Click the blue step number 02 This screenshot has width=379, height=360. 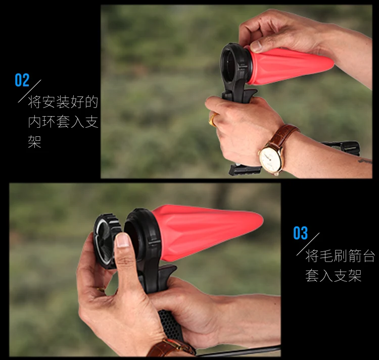click(x=22, y=80)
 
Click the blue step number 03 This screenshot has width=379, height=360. click(x=301, y=233)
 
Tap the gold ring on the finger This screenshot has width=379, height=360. click(x=213, y=119)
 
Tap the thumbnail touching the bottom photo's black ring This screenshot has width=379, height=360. click(x=123, y=241)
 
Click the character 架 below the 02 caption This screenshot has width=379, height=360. click(x=34, y=141)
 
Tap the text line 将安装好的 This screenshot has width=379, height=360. click(x=63, y=102)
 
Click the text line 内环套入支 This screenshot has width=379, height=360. click(x=63, y=122)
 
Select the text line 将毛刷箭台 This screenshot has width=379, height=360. click(x=340, y=256)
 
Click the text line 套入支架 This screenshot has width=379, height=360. click(x=334, y=276)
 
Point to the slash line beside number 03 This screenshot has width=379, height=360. click(x=308, y=244)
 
